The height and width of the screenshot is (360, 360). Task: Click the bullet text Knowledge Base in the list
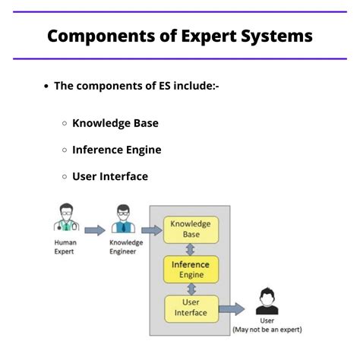tap(115, 123)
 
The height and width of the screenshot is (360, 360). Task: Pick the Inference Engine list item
tap(117, 150)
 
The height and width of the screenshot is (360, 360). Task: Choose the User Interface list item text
tap(110, 176)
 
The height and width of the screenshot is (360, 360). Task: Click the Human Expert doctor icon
tap(66, 218)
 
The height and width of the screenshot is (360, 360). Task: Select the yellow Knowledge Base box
tap(191, 229)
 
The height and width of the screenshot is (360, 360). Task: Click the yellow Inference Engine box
tap(191, 269)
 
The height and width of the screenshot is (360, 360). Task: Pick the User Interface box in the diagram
tap(191, 308)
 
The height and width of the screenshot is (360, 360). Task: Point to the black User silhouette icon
tap(267, 302)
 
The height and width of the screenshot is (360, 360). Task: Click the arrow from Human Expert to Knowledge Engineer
tap(94, 229)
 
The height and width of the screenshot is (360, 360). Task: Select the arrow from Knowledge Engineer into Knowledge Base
tap(152, 229)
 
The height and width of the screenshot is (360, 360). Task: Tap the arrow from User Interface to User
tap(232, 308)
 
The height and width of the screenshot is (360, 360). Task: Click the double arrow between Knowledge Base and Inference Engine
tap(191, 249)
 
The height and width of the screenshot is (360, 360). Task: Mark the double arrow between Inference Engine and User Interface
tap(191, 289)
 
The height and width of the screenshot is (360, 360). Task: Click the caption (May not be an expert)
tap(267, 329)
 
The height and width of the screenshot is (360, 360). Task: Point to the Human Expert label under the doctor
tap(65, 247)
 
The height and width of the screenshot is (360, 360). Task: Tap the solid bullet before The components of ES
tap(47, 86)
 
